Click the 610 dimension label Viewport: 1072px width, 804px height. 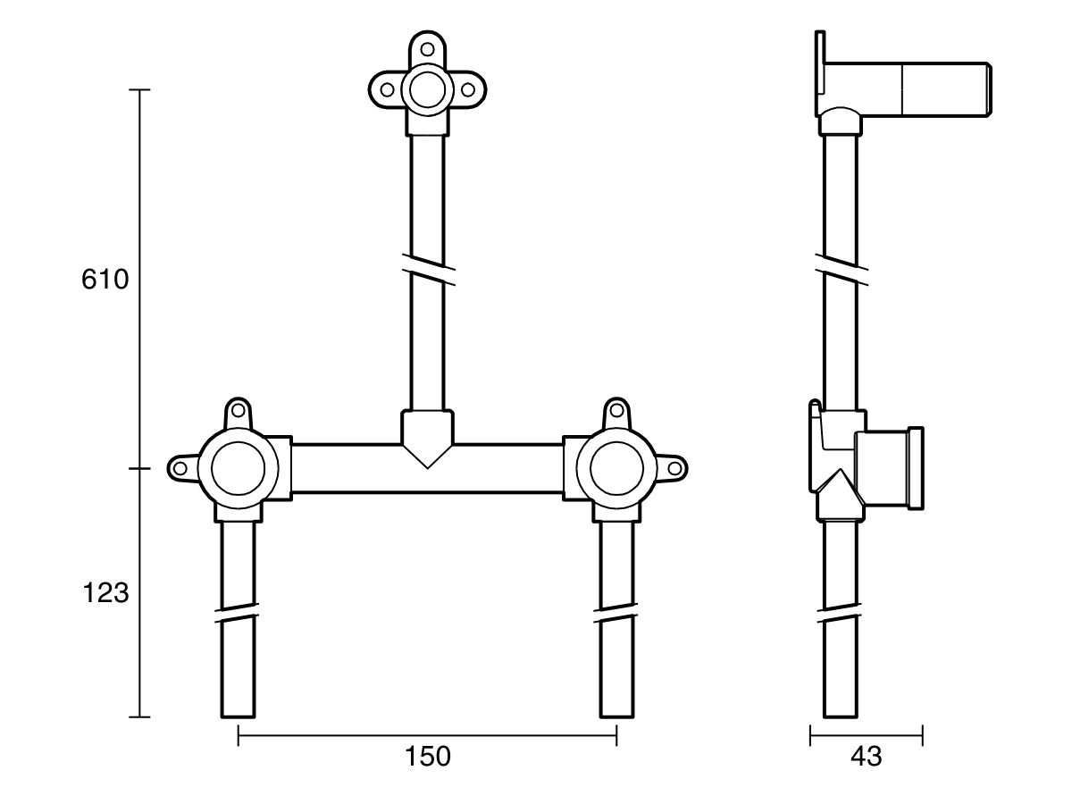[105, 280]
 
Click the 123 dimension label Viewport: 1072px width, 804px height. [105, 592]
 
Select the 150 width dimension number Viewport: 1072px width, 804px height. [427, 756]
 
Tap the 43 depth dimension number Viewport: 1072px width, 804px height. [866, 757]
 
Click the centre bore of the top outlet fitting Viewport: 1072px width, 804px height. [427, 88]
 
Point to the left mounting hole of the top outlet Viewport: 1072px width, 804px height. [388, 89]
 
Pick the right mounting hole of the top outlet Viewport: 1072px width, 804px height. [466, 89]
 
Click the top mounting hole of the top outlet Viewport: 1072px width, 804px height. [427, 49]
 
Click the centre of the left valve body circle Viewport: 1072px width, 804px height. [238, 468]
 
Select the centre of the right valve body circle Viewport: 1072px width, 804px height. [616, 468]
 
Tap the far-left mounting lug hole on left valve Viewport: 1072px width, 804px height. [181, 468]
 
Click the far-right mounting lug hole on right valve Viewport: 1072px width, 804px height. [674, 468]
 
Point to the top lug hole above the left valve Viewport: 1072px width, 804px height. [238, 412]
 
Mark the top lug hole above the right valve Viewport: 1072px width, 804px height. [616, 412]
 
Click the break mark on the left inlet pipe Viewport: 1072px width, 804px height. [238, 614]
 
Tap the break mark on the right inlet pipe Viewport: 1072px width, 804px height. [616, 614]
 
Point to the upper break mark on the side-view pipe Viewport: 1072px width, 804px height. [841, 266]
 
